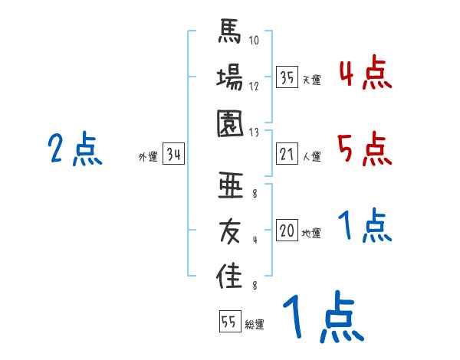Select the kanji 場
tap(229, 79)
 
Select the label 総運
tap(255, 325)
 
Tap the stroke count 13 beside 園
tap(255, 132)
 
